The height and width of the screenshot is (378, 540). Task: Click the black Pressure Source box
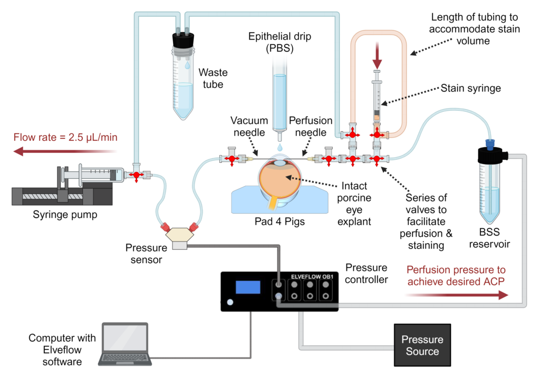(x=422, y=345)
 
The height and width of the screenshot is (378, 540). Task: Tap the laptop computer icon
(x=125, y=344)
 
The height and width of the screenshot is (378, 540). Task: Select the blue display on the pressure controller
(x=248, y=287)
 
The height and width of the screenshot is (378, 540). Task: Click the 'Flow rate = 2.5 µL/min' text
(x=65, y=138)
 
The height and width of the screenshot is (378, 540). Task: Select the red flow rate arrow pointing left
(x=63, y=152)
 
